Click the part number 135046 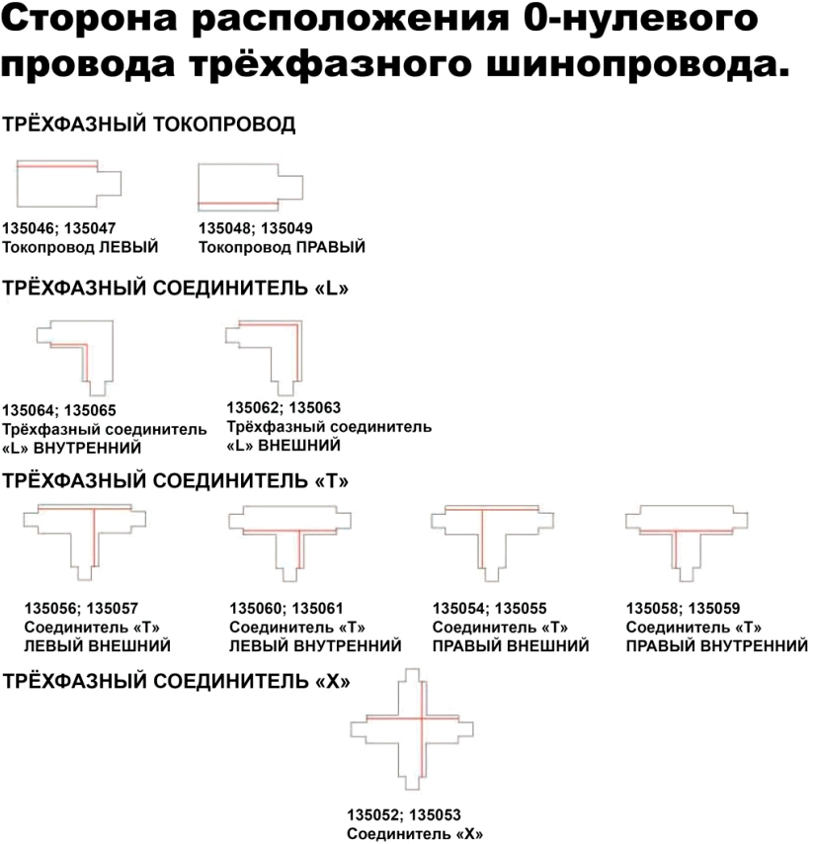tap(29, 228)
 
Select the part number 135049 tap(286, 228)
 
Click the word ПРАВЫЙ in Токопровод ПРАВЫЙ tap(331, 247)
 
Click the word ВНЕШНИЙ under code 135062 tap(299, 446)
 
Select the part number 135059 tap(714, 608)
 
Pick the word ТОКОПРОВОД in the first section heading tap(224, 125)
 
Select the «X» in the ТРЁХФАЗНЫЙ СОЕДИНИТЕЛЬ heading tap(333, 682)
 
